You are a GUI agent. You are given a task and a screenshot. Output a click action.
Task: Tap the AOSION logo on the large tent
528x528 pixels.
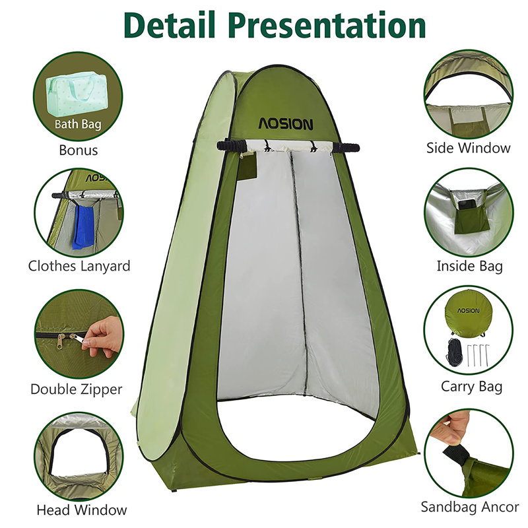286,123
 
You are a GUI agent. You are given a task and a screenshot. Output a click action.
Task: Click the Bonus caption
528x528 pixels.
78,150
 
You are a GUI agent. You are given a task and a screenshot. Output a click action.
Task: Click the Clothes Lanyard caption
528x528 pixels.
79,266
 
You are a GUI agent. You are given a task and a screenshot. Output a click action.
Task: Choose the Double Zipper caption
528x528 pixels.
77,389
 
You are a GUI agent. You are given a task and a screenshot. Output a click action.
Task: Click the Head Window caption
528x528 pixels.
82,510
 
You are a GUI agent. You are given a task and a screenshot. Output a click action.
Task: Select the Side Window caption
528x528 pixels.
469,147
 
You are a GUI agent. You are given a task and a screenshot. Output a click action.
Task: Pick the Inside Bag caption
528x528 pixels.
469,266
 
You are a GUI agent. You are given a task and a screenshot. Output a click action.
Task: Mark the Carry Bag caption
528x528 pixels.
471,385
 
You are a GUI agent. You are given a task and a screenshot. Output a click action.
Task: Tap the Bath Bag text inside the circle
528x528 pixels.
78,123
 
